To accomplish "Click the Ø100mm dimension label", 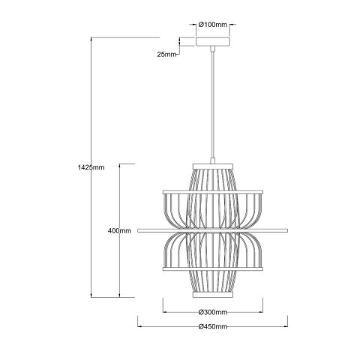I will [x=213, y=25].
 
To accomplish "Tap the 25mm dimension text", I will [x=166, y=54].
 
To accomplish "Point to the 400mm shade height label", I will [x=120, y=230].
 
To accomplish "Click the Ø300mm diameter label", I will [x=213, y=312].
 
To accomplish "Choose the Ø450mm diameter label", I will [x=213, y=327].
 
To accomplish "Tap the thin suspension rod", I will [x=213, y=105].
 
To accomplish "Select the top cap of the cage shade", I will [x=213, y=163].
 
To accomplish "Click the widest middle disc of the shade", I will [x=213, y=229].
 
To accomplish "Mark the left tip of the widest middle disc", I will [x=139, y=229].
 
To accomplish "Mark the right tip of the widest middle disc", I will [x=287, y=229].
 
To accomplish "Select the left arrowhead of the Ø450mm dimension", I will [x=140, y=326].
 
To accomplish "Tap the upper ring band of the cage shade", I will [x=213, y=192].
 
